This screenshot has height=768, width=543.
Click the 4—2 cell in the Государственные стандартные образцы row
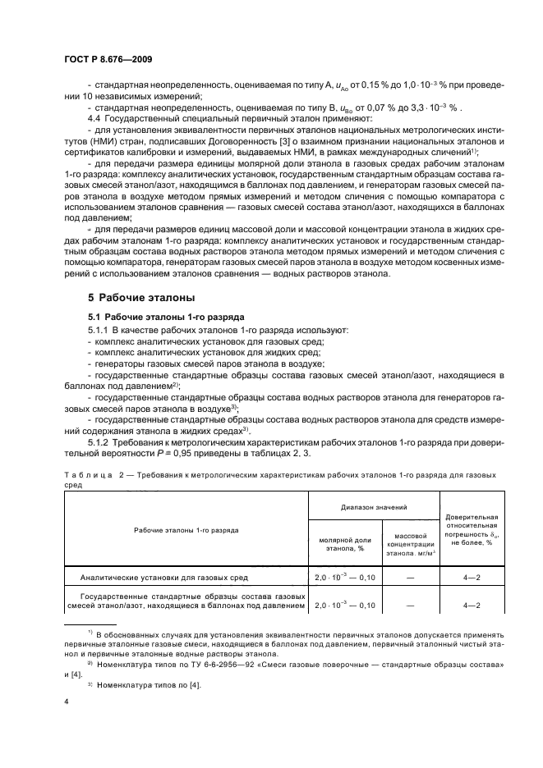tap(472, 605)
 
